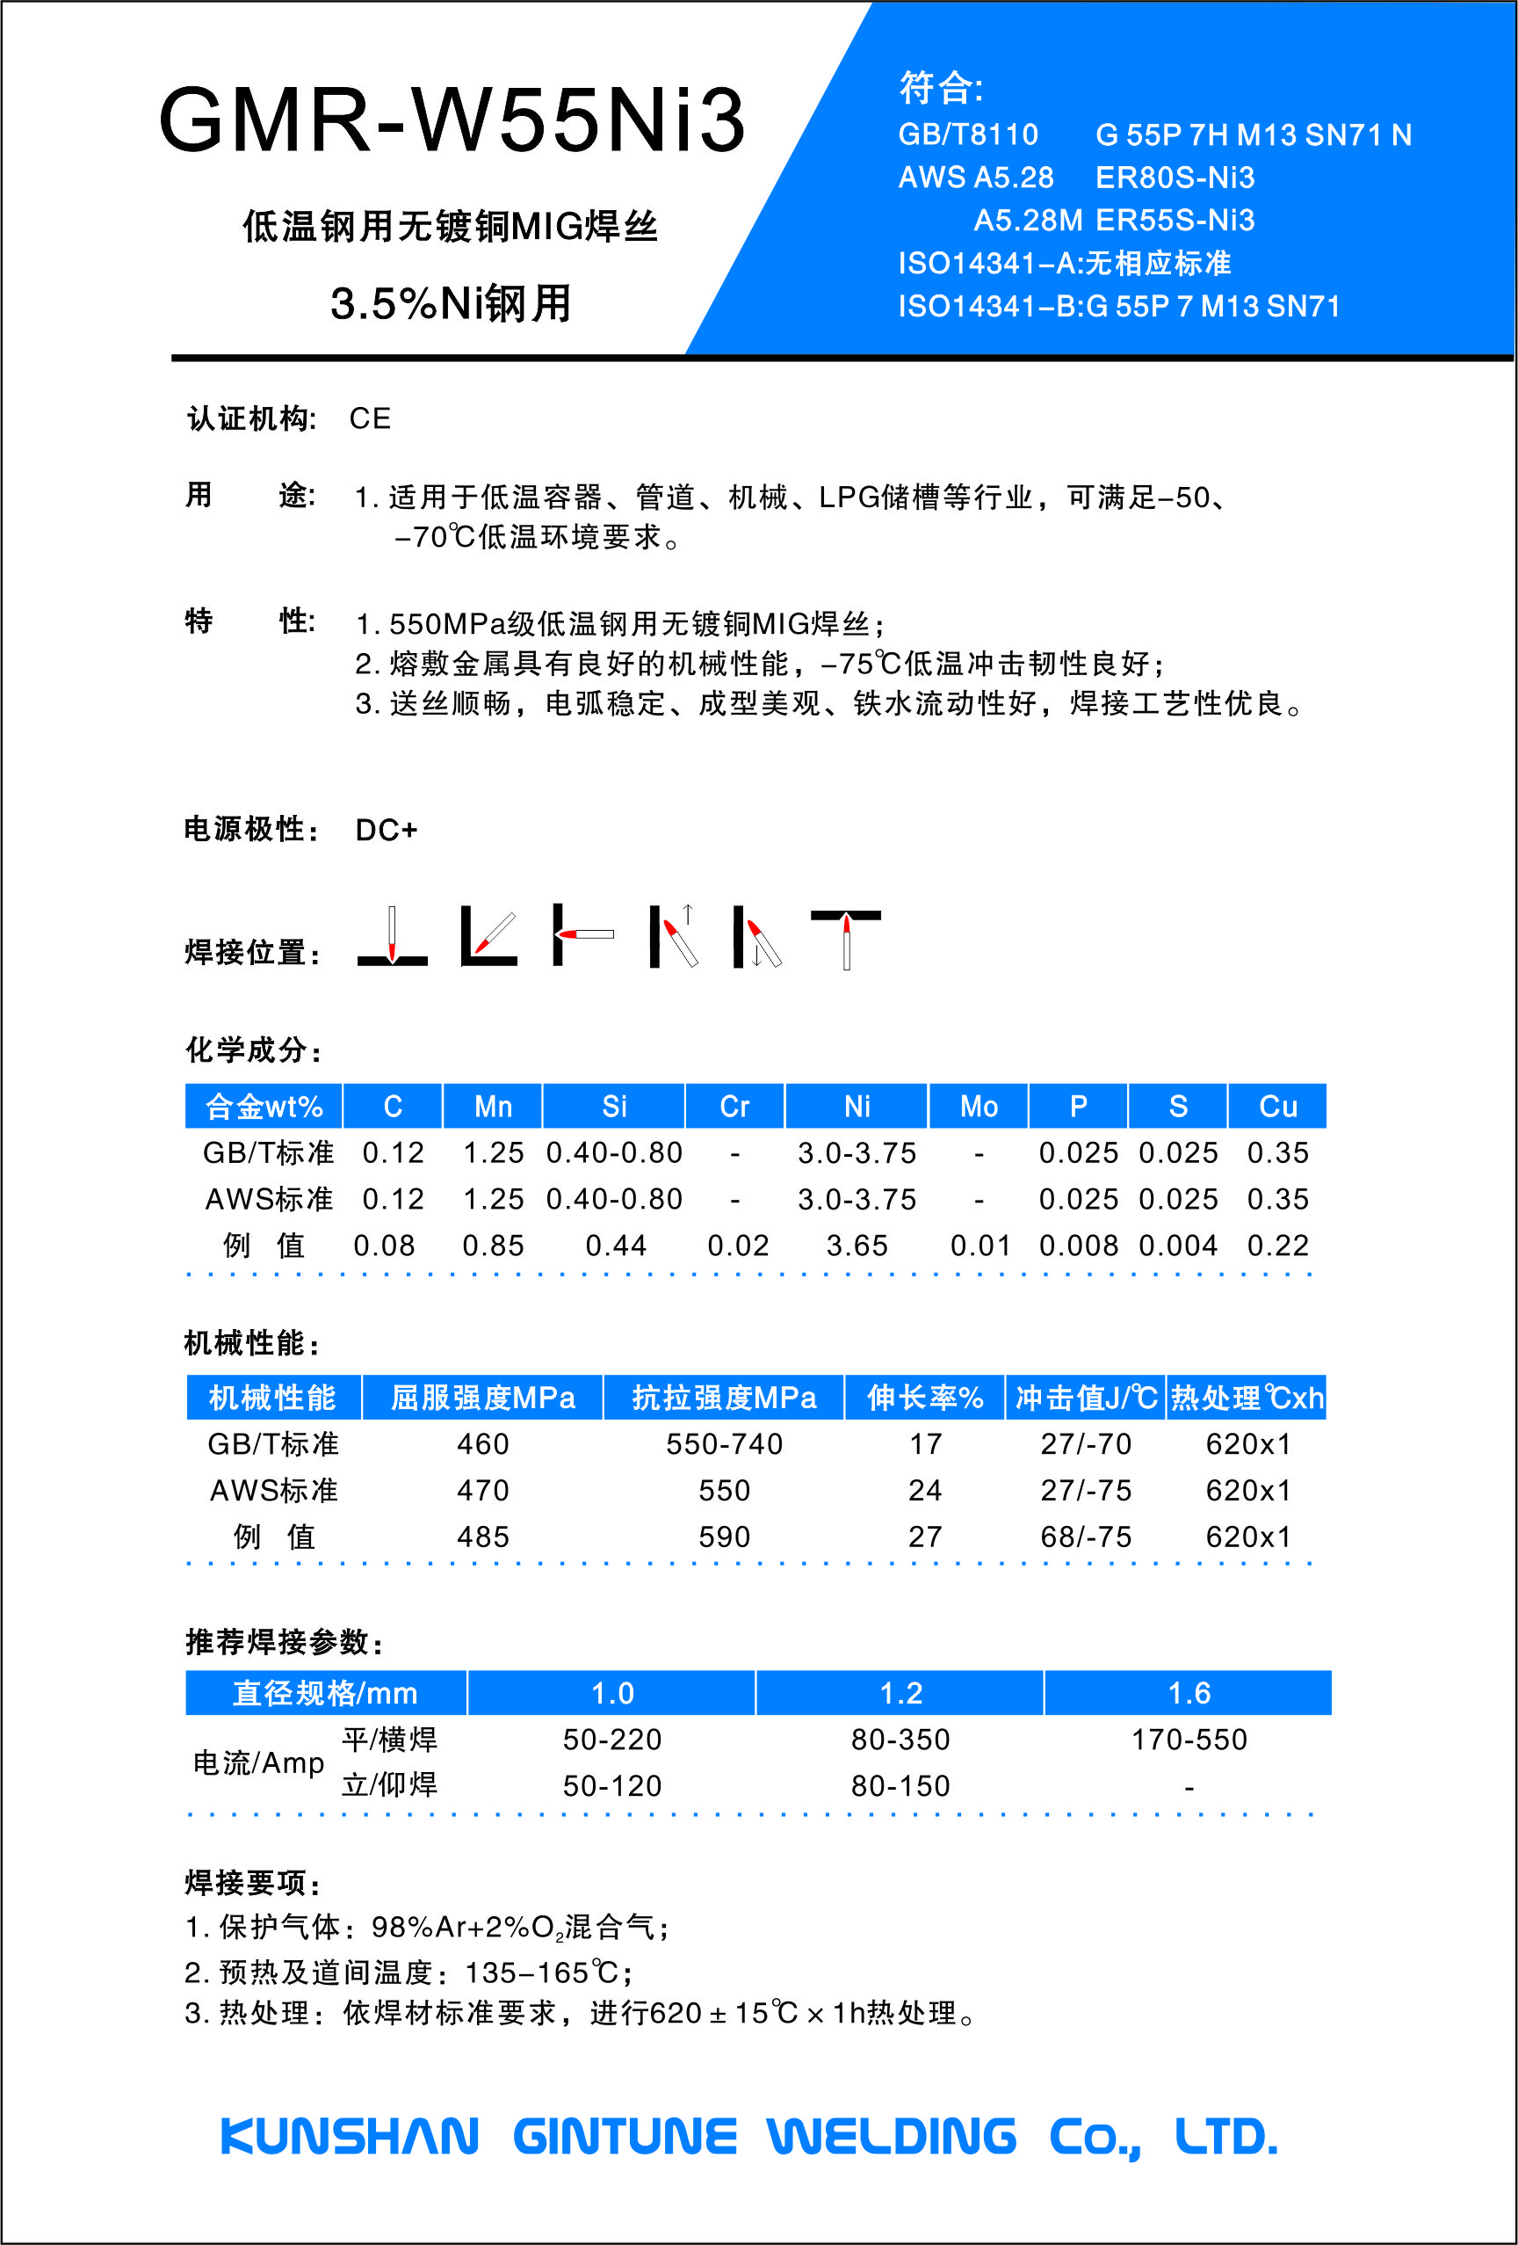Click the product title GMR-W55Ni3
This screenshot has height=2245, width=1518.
coord(452,120)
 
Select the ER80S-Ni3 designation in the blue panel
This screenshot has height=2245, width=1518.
coord(1175,178)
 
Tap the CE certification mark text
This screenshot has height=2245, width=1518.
coord(370,418)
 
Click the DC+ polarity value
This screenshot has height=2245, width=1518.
coord(386,830)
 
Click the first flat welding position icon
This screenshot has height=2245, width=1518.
coord(392,935)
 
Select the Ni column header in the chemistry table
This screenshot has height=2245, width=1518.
coord(857,1106)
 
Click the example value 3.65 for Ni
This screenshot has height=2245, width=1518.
coord(857,1246)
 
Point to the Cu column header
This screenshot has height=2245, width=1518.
coord(1276,1106)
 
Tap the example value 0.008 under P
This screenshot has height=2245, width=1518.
coord(1078,1246)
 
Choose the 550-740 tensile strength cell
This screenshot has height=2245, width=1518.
coord(724,1443)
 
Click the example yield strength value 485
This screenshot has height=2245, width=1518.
coord(483,1536)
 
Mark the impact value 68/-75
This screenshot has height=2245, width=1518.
coord(1086,1536)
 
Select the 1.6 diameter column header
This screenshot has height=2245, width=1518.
coord(1189,1692)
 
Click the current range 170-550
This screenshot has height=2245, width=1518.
coord(1189,1739)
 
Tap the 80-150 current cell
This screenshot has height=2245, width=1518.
coord(900,1785)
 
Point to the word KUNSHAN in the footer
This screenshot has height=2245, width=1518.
coord(350,2136)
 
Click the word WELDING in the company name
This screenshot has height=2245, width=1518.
coord(892,2136)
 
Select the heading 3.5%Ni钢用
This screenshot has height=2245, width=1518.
coord(450,303)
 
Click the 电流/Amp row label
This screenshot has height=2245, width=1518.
coord(259,1763)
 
